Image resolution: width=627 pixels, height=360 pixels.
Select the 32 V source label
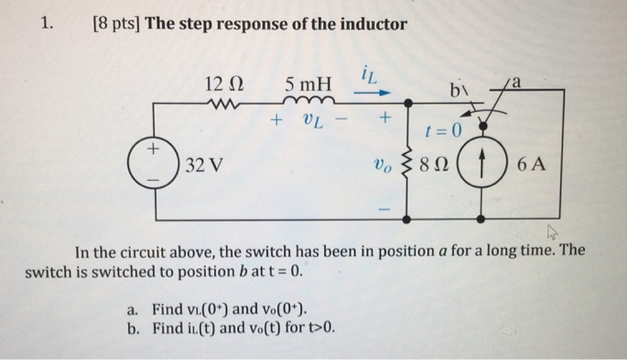click(x=206, y=166)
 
